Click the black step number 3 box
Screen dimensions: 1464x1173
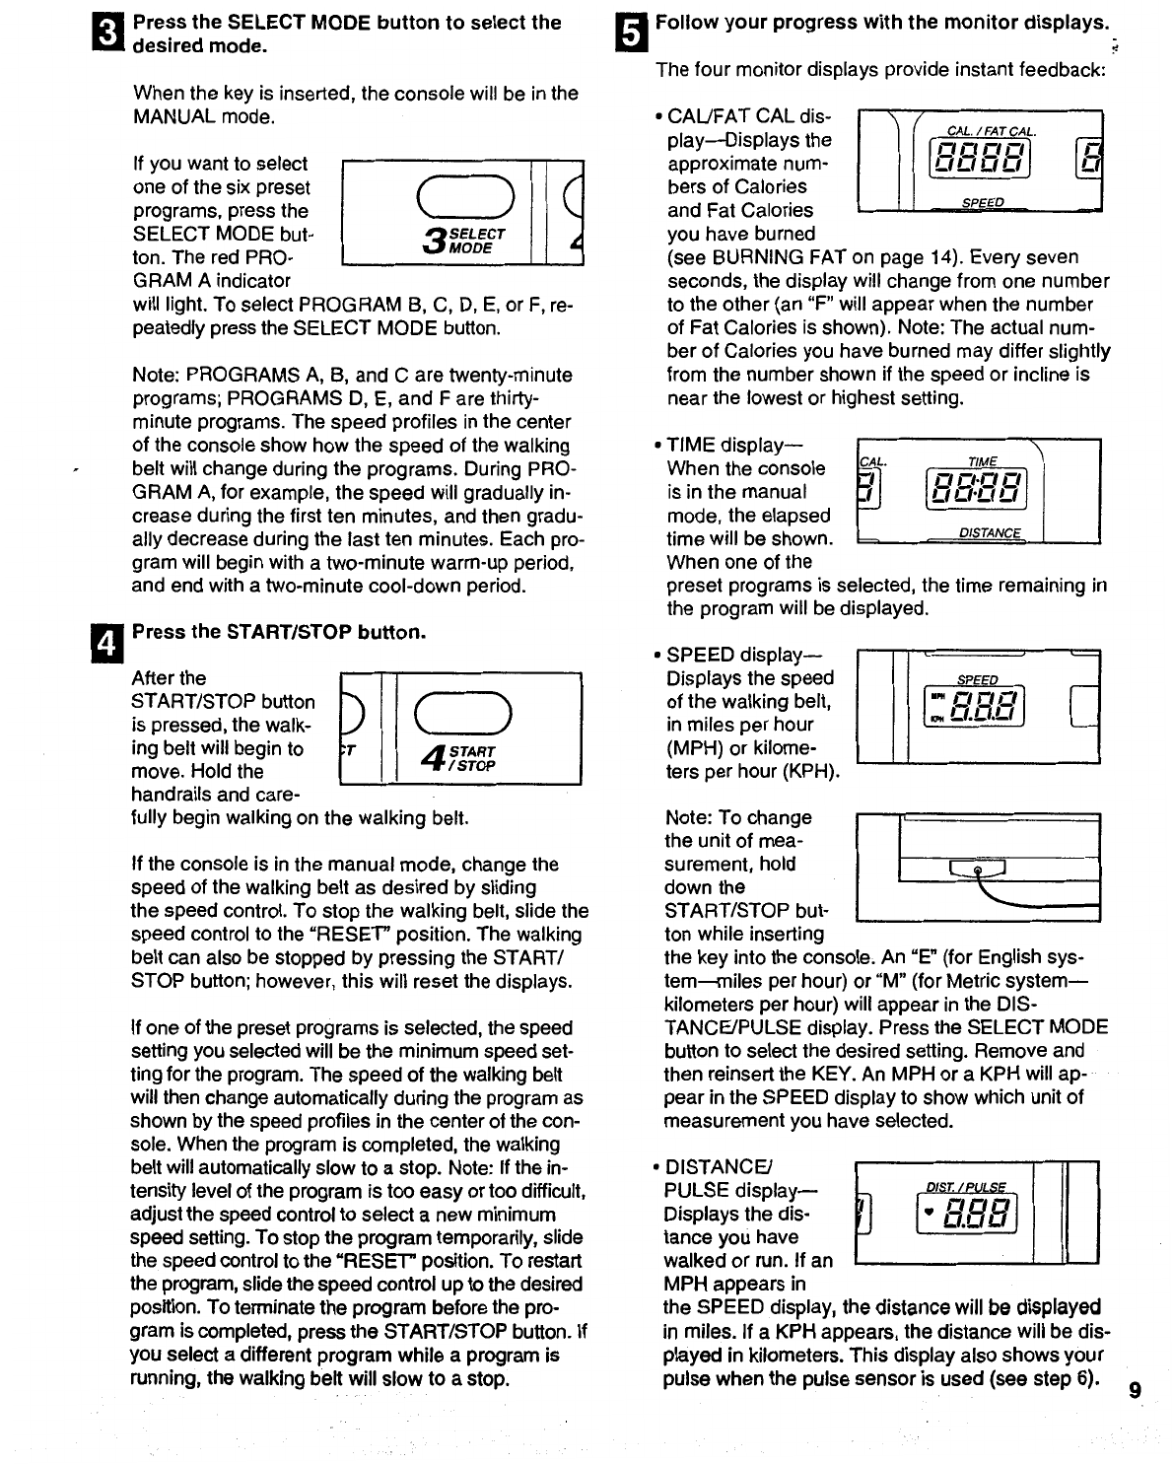point(115,34)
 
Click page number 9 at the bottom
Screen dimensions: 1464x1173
point(1135,1391)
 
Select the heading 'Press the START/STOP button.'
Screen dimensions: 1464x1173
point(279,632)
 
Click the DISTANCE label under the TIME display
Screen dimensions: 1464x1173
point(991,533)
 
